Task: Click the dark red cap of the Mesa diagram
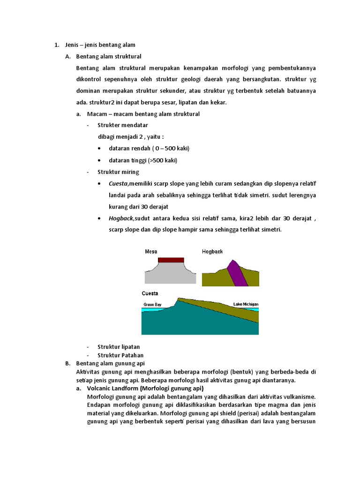click(171, 260)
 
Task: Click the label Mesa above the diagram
click(151, 252)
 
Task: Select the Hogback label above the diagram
click(212, 252)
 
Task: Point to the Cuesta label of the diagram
click(150, 293)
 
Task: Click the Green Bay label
click(151, 305)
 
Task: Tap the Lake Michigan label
click(246, 304)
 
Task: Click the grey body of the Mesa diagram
click(170, 274)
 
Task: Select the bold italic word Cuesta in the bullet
click(118, 183)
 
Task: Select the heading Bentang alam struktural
click(109, 56)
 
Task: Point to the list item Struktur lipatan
click(119, 347)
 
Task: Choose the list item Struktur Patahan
click(120, 355)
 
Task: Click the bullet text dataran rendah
click(149, 148)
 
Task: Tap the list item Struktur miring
click(118, 172)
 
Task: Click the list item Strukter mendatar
click(123, 125)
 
